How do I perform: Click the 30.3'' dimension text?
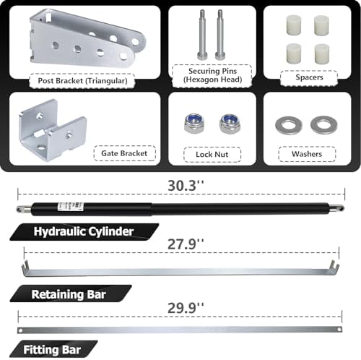(186, 186)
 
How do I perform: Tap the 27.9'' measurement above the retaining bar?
(186, 244)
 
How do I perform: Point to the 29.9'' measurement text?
(186, 308)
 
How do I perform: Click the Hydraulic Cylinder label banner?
(84, 232)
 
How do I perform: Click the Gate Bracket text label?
(124, 153)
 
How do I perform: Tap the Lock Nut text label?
(212, 154)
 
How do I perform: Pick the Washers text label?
(307, 154)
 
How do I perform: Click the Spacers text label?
(309, 77)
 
